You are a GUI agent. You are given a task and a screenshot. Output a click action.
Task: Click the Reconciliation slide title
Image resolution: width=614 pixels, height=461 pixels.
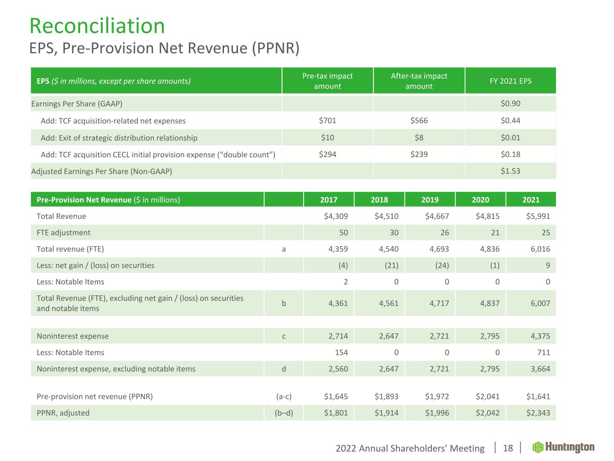[97, 26]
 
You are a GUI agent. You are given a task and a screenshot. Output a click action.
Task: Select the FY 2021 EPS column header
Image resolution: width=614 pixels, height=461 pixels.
[510, 81]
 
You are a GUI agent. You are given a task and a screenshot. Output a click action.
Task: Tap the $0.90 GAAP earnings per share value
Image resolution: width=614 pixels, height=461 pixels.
[510, 104]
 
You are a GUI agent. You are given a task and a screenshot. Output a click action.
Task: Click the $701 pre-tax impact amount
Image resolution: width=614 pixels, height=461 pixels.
[327, 121]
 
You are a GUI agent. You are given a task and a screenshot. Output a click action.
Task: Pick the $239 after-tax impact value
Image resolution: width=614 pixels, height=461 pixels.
[419, 154]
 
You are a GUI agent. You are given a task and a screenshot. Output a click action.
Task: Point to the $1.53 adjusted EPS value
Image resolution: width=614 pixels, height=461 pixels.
[510, 171]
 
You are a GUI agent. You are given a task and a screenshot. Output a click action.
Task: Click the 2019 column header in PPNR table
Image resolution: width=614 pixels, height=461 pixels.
[430, 200]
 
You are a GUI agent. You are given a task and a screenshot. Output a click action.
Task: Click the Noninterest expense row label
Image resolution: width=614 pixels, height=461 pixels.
[72, 336]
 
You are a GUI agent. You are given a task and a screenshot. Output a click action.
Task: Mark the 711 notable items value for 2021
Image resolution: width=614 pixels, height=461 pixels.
[543, 353]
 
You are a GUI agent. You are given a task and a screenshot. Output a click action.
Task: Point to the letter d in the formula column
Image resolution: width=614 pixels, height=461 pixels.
[283, 369]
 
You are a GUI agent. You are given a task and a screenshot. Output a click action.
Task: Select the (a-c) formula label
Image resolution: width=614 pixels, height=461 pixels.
[283, 397]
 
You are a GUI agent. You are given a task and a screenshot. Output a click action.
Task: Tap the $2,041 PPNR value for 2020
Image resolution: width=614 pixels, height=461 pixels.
[488, 397]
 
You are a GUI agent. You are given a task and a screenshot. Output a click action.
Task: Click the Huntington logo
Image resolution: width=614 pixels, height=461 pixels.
[564, 447]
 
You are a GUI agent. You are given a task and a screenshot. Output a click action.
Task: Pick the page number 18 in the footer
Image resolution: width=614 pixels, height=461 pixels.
[507, 448]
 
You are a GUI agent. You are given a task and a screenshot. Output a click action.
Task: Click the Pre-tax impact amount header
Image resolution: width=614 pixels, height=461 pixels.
[327, 81]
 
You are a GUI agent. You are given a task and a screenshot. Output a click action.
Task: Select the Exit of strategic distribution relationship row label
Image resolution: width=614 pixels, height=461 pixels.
[119, 138]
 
